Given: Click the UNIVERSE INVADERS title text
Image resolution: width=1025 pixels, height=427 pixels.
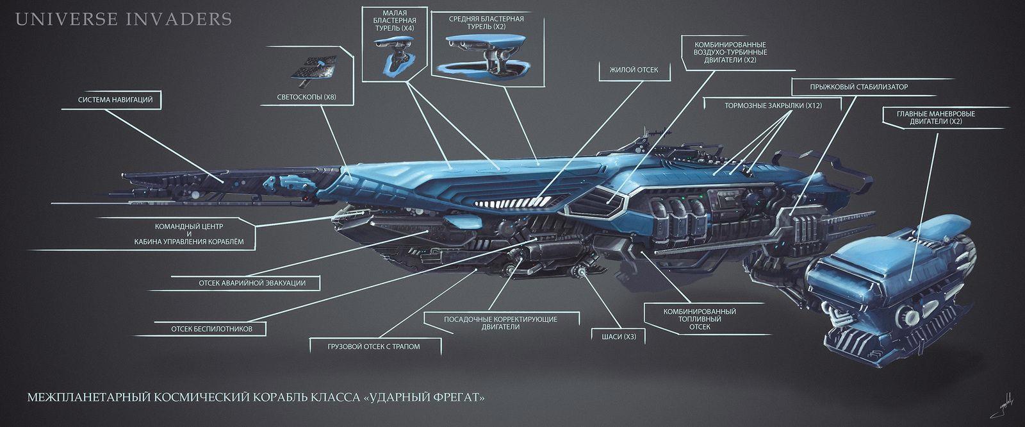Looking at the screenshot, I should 123,19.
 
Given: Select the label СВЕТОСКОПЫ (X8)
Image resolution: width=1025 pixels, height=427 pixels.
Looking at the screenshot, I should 307,98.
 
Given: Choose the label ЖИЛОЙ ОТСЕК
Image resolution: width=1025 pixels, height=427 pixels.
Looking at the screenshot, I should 629,69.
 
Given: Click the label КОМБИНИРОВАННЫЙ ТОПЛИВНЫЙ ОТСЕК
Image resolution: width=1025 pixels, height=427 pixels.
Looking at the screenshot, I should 699,319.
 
